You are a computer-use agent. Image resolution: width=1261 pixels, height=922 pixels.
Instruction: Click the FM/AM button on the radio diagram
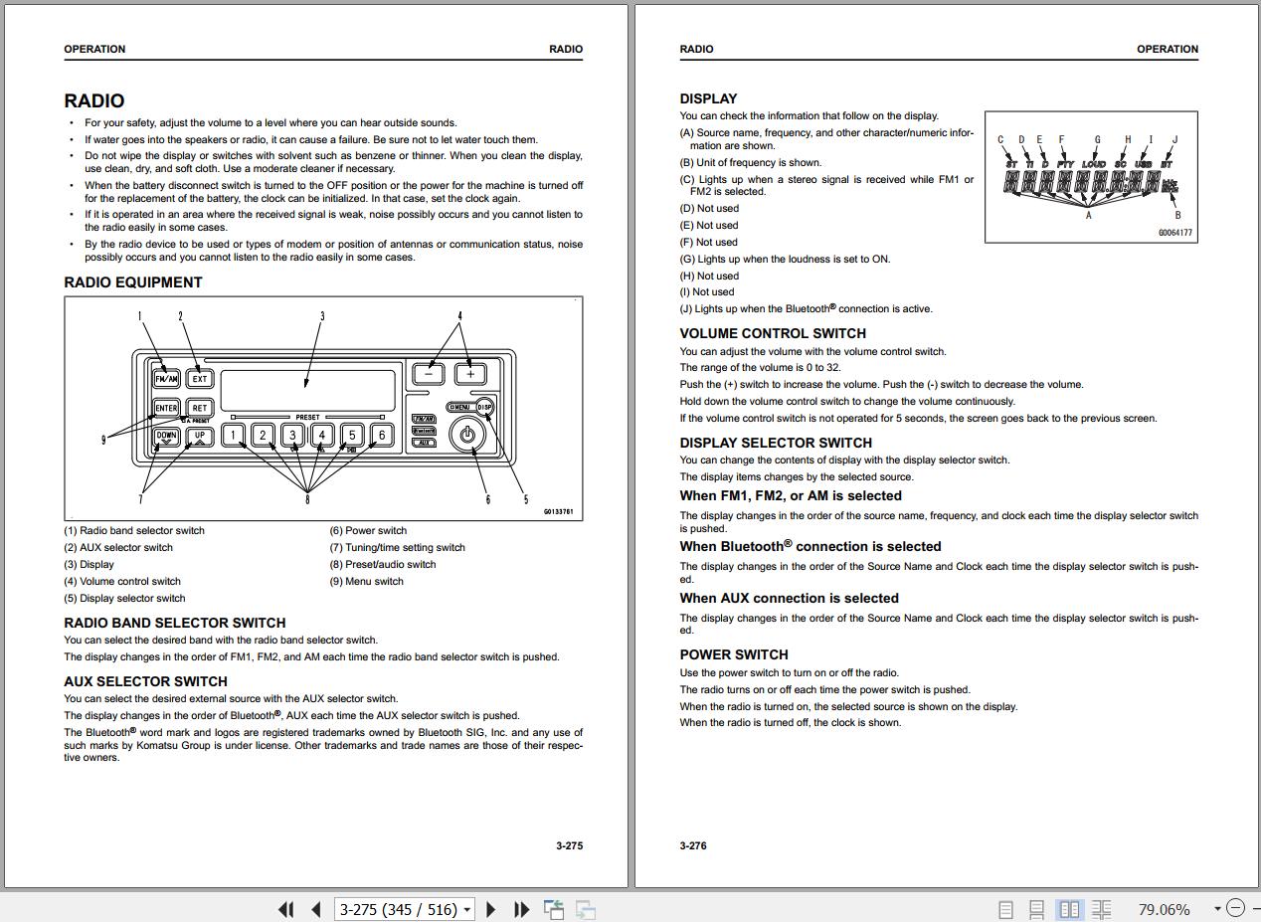tap(166, 378)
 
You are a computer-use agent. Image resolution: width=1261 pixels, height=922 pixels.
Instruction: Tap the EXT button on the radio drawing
tap(200, 378)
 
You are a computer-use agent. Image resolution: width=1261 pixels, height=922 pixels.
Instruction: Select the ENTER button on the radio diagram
tap(166, 408)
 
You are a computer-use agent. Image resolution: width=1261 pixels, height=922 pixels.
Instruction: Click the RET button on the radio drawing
tap(200, 408)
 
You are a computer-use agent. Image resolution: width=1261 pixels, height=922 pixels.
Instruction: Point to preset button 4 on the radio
tap(322, 435)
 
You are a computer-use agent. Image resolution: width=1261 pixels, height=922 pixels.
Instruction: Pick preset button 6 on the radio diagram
tap(381, 435)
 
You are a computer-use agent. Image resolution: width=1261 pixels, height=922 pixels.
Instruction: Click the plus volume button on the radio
tap(470, 374)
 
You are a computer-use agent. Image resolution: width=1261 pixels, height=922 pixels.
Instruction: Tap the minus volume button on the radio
tap(429, 374)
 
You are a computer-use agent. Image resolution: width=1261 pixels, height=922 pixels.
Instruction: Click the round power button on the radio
tap(467, 435)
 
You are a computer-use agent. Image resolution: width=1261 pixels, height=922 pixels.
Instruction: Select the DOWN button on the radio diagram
tap(166, 436)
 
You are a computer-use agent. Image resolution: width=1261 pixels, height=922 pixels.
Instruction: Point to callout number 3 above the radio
tap(322, 316)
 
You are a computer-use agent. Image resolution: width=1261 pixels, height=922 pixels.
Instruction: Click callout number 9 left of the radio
tap(103, 439)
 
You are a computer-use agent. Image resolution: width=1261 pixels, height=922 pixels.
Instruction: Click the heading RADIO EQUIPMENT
tap(133, 282)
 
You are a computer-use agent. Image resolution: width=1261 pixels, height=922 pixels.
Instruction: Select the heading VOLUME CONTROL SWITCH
tap(773, 333)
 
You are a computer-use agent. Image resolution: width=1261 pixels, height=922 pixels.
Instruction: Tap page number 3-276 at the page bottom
tap(693, 845)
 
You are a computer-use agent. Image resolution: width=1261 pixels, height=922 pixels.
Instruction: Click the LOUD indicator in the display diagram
tap(1094, 164)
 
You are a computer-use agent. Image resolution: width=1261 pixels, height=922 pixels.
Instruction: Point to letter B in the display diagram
tap(1178, 215)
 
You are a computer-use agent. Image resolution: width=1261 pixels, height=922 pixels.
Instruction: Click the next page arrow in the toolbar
tap(490, 908)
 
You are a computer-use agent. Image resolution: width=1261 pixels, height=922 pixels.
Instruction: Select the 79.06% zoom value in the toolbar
tap(1164, 909)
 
